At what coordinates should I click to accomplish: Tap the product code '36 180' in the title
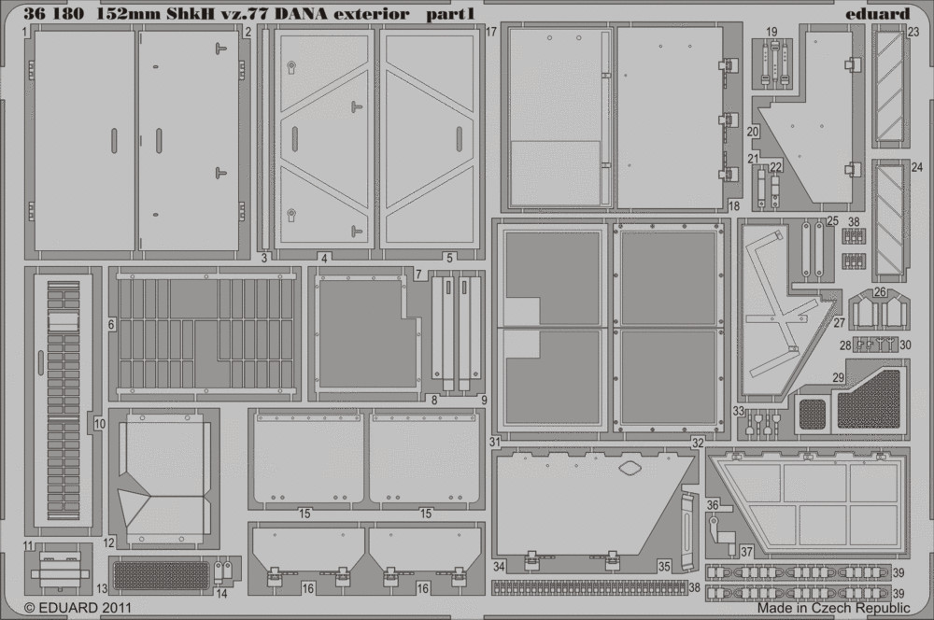54,14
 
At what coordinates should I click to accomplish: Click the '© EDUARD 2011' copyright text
78,608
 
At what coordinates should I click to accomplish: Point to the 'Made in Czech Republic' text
833,608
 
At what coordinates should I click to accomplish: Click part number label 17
491,32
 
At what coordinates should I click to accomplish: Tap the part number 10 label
100,424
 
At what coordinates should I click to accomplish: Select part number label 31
495,442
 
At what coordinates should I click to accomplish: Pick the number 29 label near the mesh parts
838,377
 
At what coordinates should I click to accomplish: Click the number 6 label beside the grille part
111,325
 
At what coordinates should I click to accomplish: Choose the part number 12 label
108,543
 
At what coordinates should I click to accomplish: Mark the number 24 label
917,167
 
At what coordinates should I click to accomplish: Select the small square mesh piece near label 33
812,414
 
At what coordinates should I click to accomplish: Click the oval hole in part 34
629,469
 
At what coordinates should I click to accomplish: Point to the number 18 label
734,206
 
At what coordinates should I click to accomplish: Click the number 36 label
713,506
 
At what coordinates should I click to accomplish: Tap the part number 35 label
664,567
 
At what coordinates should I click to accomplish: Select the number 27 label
840,323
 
